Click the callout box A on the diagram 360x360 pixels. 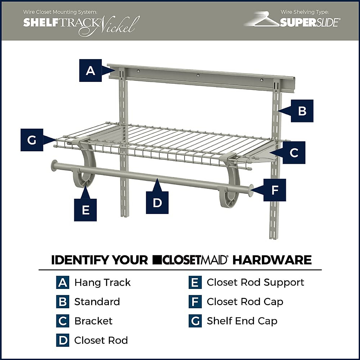[90, 70]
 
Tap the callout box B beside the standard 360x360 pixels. [302, 111]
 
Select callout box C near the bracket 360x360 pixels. [294, 153]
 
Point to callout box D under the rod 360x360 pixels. [157, 203]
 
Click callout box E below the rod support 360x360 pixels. [85, 210]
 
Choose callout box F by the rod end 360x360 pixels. [274, 190]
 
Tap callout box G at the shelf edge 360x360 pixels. [32, 140]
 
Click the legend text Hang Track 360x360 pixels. [102, 283]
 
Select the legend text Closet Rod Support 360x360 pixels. [255, 283]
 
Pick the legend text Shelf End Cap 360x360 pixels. [242, 321]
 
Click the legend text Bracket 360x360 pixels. [93, 321]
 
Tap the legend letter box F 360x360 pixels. [195, 302]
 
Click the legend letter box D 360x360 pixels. [63, 340]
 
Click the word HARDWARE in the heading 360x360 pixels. [272, 260]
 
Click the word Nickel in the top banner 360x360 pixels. [119, 25]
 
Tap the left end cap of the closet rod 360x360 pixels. [54, 166]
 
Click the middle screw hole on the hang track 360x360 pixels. [198, 75]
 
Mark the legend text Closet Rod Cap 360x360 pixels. [245, 302]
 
